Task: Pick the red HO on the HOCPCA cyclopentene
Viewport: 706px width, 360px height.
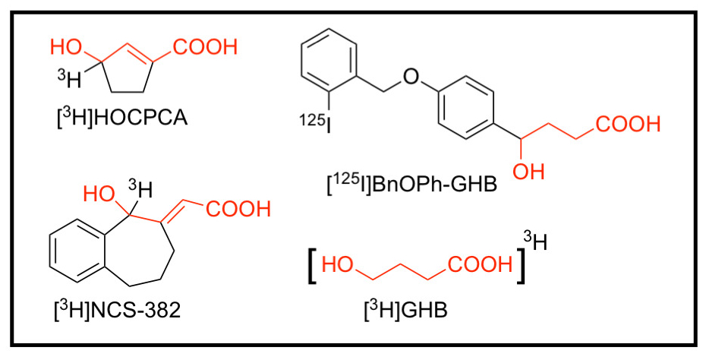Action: tap(67, 47)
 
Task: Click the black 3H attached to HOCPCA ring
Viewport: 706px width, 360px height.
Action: tap(68, 78)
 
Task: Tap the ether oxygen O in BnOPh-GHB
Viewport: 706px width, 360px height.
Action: tap(411, 75)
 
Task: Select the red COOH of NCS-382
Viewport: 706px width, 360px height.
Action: tap(238, 208)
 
